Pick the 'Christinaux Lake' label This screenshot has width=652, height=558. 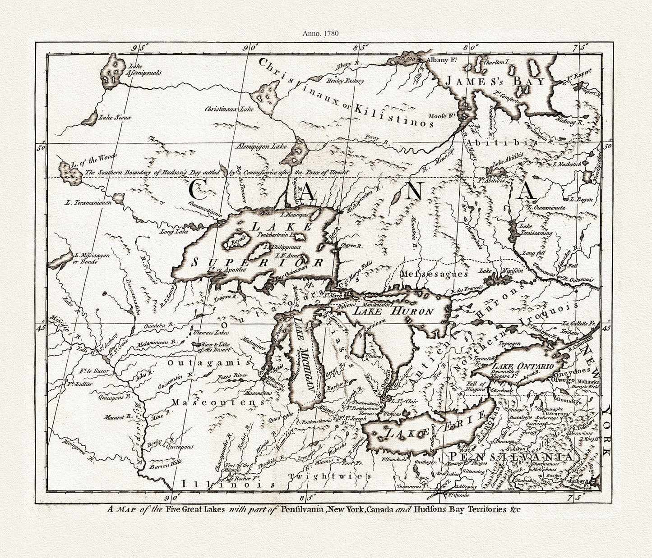pos(229,109)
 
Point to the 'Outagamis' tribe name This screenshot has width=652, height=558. pos(208,362)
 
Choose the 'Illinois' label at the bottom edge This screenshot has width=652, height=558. pos(228,484)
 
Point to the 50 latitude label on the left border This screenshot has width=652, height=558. pos(42,147)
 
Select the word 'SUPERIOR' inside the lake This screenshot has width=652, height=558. pos(257,262)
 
